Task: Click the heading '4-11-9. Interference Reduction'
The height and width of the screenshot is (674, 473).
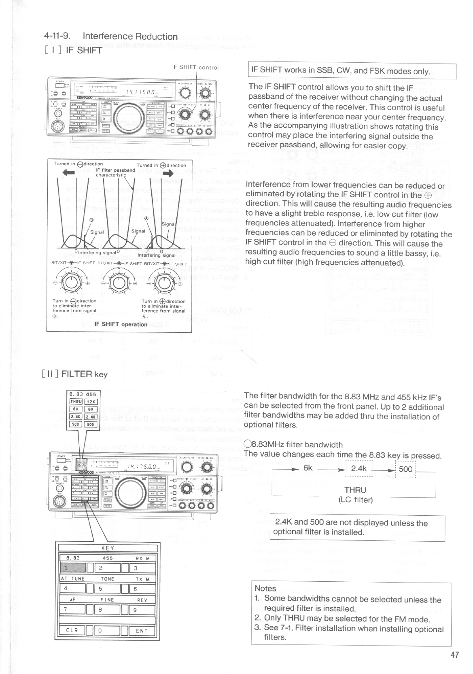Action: pos(110,37)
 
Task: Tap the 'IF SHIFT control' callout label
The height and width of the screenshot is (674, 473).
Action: pos(195,68)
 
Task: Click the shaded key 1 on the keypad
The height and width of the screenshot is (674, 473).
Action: pos(72,568)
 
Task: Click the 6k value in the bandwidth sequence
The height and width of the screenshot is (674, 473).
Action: pos(308,468)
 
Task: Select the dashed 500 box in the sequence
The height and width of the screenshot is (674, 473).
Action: pos(405,469)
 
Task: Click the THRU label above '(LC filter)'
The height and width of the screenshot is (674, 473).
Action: pos(355,491)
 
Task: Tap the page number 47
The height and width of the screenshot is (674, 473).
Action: pos(455,655)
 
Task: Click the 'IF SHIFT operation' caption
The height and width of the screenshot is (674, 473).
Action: pos(121,324)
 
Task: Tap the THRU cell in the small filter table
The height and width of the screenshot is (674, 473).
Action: pos(76,401)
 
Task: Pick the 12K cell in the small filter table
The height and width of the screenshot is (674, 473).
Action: pos(91,401)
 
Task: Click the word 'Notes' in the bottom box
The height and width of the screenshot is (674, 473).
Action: pos(265,588)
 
